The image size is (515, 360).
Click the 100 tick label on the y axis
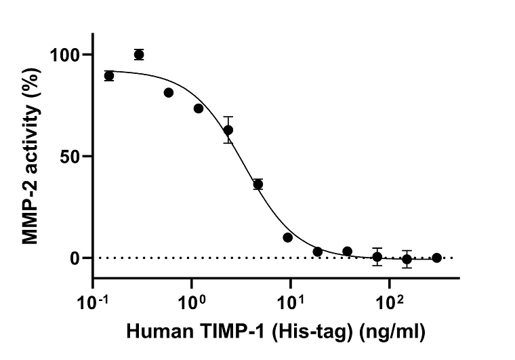[x=68, y=55]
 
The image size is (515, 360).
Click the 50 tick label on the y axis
[x=73, y=157]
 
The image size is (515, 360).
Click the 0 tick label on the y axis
[x=79, y=258]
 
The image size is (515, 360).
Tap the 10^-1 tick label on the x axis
[x=92, y=298]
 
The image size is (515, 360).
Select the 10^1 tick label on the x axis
[x=291, y=298]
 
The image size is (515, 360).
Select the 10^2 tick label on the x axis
[x=390, y=298]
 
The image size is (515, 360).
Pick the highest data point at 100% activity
[x=139, y=55]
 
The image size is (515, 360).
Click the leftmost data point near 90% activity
[x=109, y=76]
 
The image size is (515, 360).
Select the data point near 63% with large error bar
[x=228, y=129]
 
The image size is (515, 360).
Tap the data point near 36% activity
[x=258, y=184]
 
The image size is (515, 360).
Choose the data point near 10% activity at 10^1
[x=288, y=237]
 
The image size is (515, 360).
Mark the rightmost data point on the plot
[x=437, y=258]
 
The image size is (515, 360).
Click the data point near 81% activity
[x=169, y=92]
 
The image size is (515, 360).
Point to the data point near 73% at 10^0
[x=199, y=108]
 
